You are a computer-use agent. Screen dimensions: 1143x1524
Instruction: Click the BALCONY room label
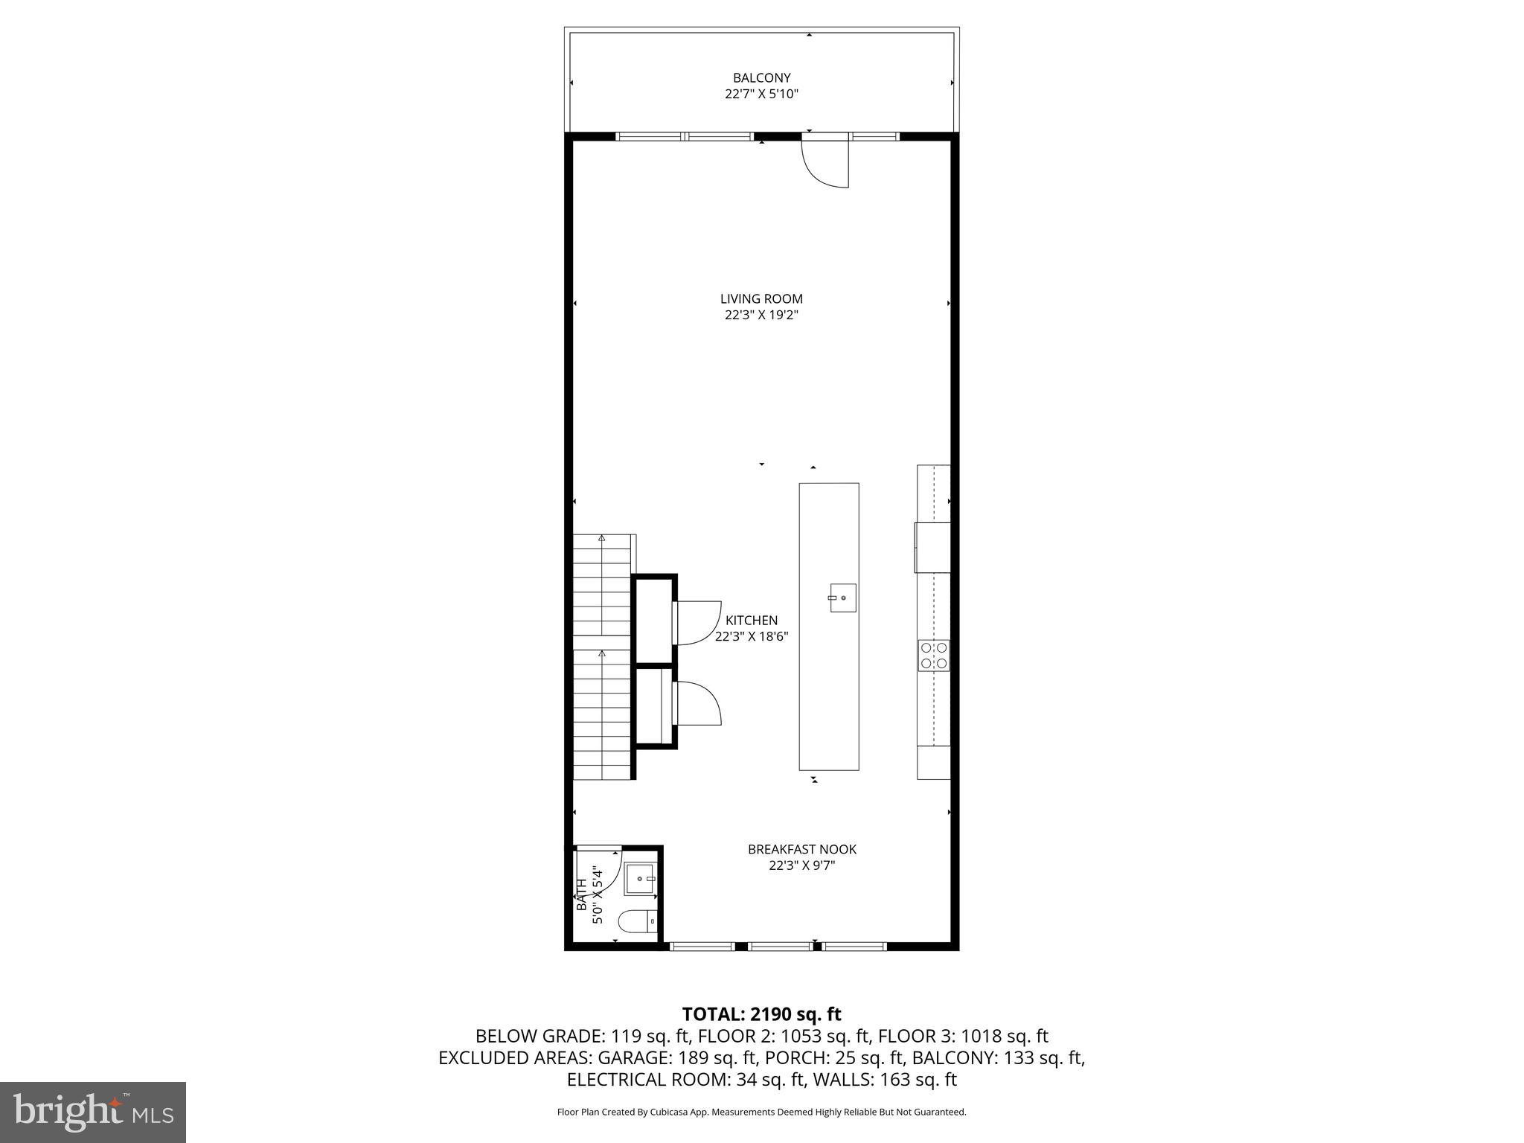pyautogui.click(x=761, y=77)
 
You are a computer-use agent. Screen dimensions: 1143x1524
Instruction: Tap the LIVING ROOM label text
pyautogui.click(x=761, y=298)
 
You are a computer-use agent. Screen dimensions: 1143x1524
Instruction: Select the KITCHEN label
pyautogui.click(x=752, y=620)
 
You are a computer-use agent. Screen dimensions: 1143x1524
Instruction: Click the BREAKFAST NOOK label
pyautogui.click(x=801, y=849)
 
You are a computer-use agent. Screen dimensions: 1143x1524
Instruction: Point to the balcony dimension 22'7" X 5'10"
pyautogui.click(x=761, y=95)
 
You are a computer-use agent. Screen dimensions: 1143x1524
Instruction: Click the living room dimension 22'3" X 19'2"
pyautogui.click(x=761, y=315)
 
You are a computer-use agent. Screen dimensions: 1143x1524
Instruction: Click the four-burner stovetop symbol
pyautogui.click(x=934, y=656)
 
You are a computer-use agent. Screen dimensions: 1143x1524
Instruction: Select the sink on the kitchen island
pyautogui.click(x=842, y=598)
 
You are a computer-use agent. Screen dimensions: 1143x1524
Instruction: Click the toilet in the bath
pyautogui.click(x=638, y=921)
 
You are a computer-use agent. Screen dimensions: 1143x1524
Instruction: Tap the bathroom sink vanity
pyautogui.click(x=639, y=879)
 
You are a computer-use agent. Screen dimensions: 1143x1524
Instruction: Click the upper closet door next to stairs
pyautogui.click(x=697, y=624)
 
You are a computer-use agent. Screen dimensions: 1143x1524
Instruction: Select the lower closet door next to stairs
pyautogui.click(x=697, y=703)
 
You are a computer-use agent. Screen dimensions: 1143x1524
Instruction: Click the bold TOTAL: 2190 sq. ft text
pyautogui.click(x=761, y=1014)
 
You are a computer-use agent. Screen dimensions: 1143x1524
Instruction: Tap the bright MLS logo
pyautogui.click(x=93, y=1112)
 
